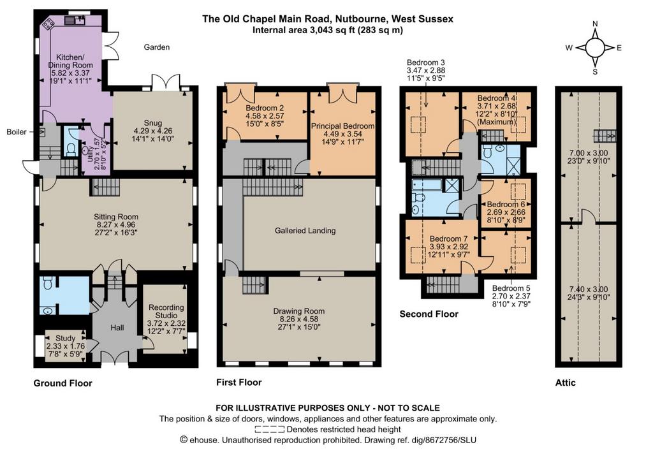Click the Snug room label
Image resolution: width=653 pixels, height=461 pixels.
153,123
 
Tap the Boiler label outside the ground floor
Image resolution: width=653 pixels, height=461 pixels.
17,132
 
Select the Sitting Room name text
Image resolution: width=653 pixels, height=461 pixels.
116,217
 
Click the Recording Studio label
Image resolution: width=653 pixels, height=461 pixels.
166,311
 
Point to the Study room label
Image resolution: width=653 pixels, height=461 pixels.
66,338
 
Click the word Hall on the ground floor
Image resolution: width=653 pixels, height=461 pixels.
117,328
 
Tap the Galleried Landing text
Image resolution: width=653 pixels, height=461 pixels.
305,230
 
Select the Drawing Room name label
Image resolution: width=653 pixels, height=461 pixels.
299,311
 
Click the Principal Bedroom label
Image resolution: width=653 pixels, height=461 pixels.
342,126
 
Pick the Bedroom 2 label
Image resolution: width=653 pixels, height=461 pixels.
265,108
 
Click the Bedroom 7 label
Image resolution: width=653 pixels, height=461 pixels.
448,238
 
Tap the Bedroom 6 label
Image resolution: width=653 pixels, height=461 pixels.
506,204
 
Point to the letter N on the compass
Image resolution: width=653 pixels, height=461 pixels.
595,24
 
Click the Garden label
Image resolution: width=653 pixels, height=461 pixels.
157,47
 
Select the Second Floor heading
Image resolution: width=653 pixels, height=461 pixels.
429,314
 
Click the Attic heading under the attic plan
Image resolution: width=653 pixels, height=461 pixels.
566,383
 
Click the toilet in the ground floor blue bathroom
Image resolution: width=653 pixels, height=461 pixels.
48,283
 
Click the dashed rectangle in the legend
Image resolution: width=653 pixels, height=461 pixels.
270,429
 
